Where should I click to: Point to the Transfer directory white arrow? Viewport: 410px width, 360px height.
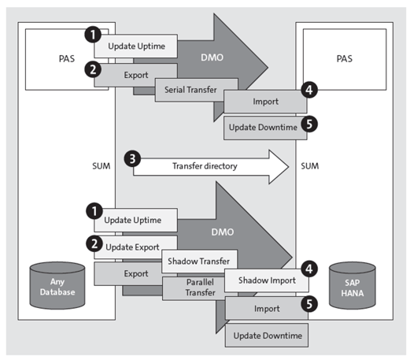[206, 167]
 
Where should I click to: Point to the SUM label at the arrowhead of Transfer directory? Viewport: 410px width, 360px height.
[308, 166]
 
